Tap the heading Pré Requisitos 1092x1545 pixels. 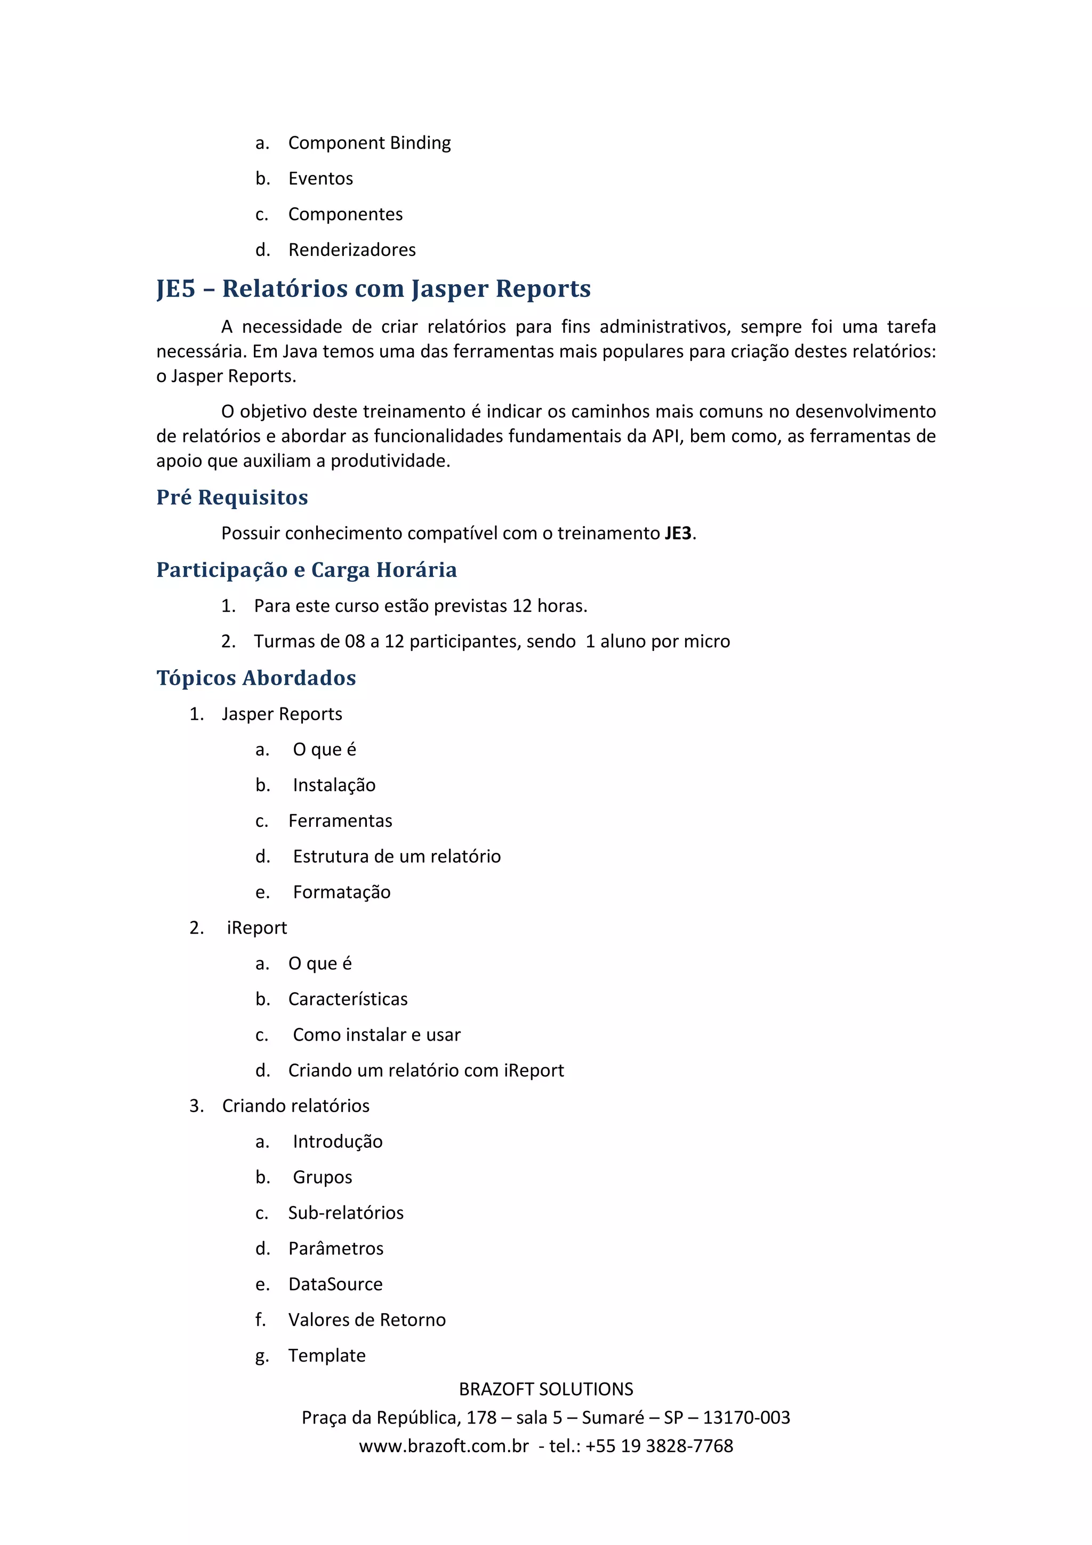(x=231, y=497)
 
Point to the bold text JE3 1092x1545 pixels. (x=678, y=534)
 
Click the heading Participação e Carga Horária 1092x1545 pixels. (x=306, y=570)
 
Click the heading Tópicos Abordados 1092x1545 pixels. (x=256, y=678)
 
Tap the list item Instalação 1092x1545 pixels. (x=334, y=785)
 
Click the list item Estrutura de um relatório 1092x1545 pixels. (x=396, y=857)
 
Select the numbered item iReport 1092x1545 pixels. (x=256, y=928)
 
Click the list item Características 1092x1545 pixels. (x=347, y=999)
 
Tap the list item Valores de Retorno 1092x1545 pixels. (x=367, y=1319)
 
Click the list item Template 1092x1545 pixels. (x=326, y=1355)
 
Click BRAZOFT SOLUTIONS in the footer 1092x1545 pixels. (x=545, y=1389)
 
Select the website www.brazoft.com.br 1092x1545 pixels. (x=444, y=1445)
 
